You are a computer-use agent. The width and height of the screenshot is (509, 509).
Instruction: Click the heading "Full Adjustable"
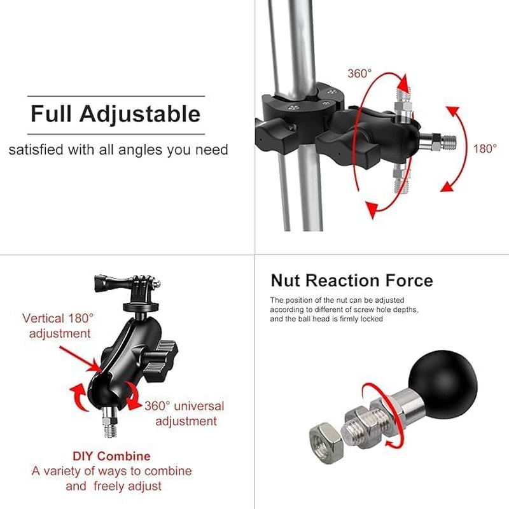[x=115, y=115]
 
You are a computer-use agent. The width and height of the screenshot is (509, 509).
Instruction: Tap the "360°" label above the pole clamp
[x=359, y=73]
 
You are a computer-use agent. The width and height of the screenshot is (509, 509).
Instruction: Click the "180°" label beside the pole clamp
[x=485, y=149]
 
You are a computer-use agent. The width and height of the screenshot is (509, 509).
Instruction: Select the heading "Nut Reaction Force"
[x=351, y=281]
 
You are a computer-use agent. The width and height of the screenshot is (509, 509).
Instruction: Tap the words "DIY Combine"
[x=111, y=456]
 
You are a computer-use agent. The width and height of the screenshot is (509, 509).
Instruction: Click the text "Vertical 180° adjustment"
[x=58, y=324]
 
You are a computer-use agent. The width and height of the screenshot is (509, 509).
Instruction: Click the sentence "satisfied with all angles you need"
[x=118, y=150]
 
